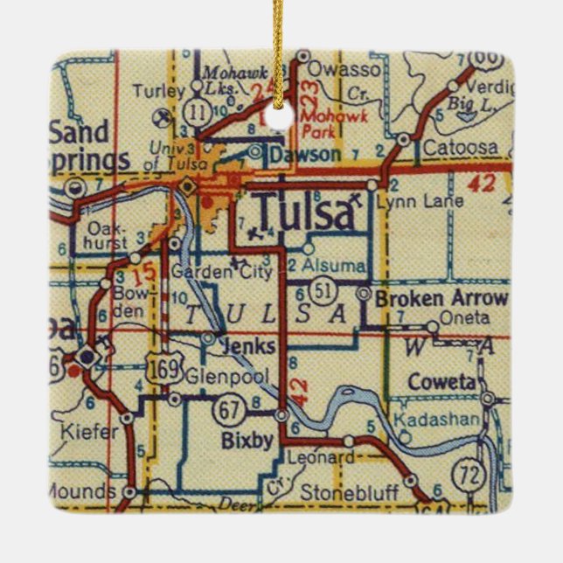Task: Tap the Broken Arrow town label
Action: click(441, 299)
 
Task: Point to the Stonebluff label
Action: click(349, 493)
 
